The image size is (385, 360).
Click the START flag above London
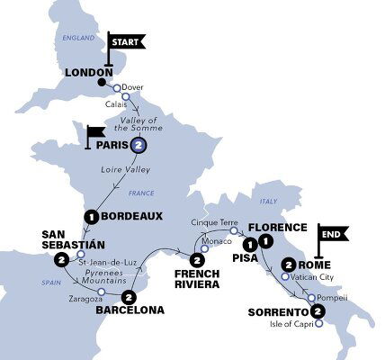point(125,41)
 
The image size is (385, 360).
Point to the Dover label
point(132,86)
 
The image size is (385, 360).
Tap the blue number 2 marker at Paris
point(138,145)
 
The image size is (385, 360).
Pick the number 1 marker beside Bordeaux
point(90,216)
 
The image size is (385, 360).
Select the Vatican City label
point(311,278)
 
